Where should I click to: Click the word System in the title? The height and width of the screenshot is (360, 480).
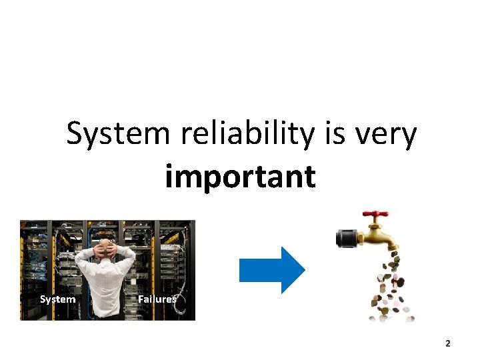118,135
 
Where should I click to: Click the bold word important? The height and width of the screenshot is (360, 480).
240,177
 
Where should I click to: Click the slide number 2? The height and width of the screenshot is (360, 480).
448,343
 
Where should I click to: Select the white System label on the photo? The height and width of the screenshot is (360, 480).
57,299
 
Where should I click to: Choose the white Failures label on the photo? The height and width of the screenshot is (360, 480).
157,299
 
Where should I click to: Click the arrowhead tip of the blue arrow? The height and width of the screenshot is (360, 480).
303,270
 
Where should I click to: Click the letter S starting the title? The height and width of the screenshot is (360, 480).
75,135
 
